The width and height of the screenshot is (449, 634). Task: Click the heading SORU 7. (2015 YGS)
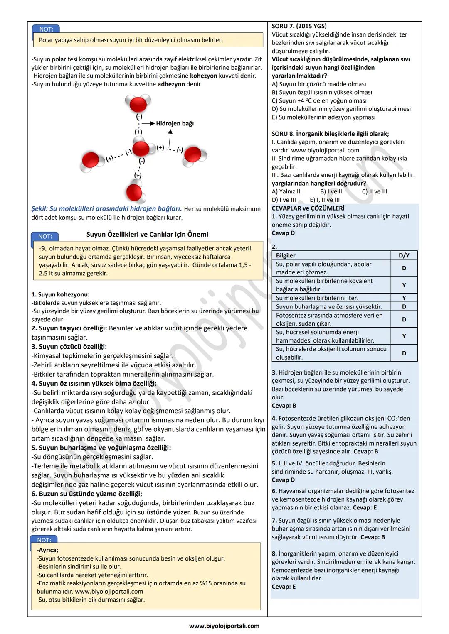[x=299, y=26]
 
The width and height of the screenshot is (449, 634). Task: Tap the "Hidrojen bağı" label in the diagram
[x=175, y=123]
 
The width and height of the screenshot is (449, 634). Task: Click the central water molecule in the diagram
[x=141, y=148]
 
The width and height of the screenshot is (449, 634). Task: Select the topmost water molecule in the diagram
[x=138, y=103]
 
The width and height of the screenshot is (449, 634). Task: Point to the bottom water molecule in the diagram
[x=134, y=192]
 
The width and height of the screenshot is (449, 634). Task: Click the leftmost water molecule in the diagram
[x=91, y=160]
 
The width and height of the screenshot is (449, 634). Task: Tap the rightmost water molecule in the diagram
[x=193, y=154]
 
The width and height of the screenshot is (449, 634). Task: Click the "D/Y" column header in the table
[x=404, y=255]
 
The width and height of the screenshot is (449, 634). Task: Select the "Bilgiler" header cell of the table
[x=286, y=255]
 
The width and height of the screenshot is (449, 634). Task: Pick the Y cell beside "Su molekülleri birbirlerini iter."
[x=404, y=298]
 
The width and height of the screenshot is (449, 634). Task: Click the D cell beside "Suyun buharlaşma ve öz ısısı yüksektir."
[x=404, y=306]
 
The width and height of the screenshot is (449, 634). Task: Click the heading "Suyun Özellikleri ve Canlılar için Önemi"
[x=147, y=234]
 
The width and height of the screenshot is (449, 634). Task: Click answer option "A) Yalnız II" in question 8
[x=286, y=191]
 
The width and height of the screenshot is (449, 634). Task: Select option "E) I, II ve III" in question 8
[x=325, y=200]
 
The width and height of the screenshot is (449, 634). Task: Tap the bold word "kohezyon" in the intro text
[x=204, y=76]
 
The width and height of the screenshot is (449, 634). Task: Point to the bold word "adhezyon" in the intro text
[x=171, y=84]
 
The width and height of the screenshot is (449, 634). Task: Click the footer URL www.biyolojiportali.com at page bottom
[x=224, y=626]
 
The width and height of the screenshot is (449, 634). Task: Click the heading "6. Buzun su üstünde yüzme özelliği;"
[x=86, y=494]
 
